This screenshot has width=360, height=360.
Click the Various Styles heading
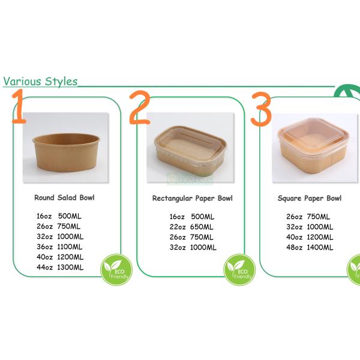tap(40, 81)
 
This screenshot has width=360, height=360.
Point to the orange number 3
tap(261, 109)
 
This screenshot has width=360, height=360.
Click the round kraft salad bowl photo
tap(63, 148)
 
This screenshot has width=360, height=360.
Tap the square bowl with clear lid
tap(310, 148)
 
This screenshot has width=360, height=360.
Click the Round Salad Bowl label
tap(64, 197)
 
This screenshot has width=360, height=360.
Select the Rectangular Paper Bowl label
tap(192, 198)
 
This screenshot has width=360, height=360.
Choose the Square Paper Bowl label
tap(310, 198)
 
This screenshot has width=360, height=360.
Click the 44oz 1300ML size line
tap(60, 267)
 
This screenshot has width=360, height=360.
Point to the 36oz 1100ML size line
tap(60, 247)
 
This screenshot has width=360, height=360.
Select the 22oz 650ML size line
tap(191, 227)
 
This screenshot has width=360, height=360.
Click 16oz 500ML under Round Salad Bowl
tap(59, 217)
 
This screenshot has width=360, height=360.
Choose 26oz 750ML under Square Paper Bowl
tap(308, 217)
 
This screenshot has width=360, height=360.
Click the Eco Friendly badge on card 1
tap(116, 269)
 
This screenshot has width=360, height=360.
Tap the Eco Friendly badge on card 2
tap(239, 271)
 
